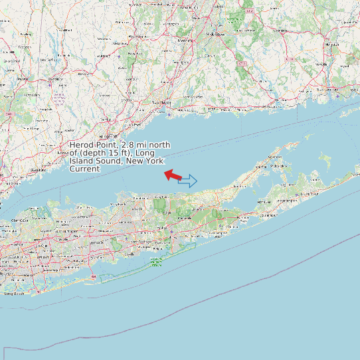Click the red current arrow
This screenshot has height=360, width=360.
173,175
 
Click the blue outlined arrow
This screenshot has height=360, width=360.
188,181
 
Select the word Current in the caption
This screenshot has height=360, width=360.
84,169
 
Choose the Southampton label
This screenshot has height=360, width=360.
269,215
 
